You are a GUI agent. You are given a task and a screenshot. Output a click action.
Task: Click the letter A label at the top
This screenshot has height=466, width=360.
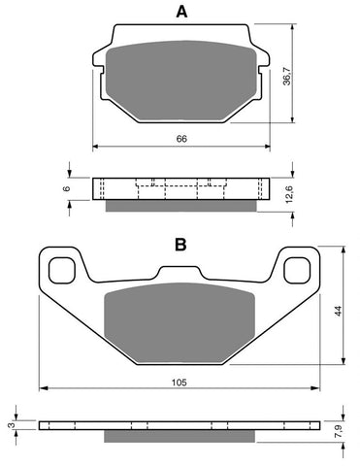tap(180, 13)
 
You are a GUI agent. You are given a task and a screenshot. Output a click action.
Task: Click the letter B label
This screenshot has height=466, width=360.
tap(180, 246)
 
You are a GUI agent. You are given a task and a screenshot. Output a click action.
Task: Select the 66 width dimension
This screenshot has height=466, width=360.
tap(180, 140)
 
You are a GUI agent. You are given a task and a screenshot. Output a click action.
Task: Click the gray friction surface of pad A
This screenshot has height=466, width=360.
tap(180, 81)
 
